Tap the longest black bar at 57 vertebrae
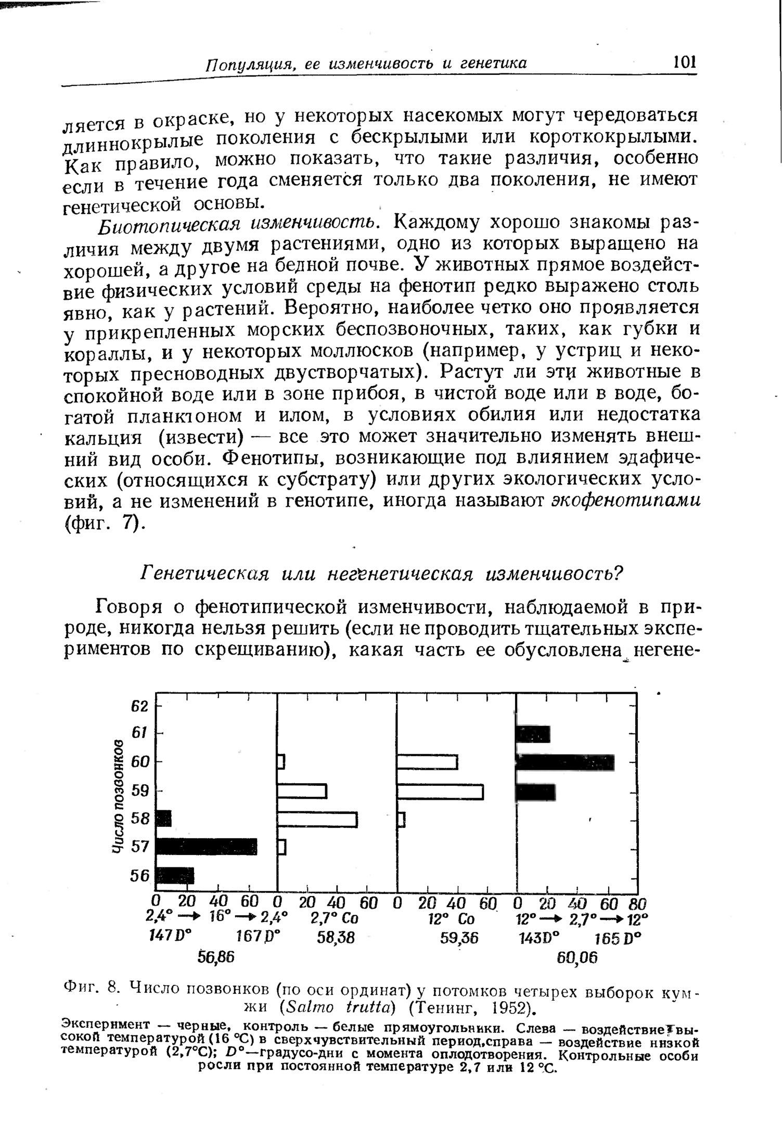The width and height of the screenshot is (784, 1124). pos(207,847)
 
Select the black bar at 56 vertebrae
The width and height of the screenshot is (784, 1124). pos(175,876)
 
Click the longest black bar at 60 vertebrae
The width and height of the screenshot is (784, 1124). pos(565,762)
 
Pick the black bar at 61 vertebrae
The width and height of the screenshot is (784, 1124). pos(533,734)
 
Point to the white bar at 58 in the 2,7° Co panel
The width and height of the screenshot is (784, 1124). pos(317,819)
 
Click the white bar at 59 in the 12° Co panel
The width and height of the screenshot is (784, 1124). pos(440,791)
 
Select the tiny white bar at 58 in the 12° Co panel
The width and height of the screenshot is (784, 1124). pos(401,820)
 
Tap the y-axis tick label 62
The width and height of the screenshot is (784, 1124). pos(139,707)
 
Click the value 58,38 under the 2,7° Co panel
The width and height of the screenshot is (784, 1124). pos(336,938)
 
